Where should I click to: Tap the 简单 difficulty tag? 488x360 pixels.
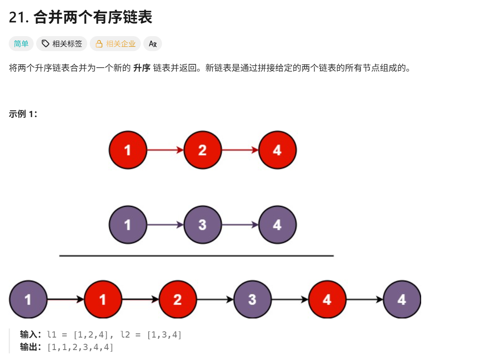tap(21, 44)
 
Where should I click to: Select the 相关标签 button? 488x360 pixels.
tap(61, 44)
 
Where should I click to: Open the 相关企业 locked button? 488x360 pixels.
tap(116, 44)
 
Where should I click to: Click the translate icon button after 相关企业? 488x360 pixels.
tap(152, 44)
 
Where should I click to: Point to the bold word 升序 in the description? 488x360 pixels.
tap(142, 68)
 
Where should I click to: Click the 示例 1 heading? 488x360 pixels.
tap(23, 114)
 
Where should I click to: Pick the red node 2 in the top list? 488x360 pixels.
tap(202, 150)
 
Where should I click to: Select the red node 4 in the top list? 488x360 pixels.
tap(277, 150)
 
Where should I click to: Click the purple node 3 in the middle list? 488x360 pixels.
tap(202, 225)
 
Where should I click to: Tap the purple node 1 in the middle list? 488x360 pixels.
tap(128, 225)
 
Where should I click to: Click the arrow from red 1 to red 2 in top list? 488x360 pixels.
tap(165, 150)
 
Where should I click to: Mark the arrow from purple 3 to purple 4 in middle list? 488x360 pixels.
tap(240, 225)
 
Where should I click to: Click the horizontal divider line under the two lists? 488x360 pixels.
tap(196, 256)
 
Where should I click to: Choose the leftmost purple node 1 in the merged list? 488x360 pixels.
tap(28, 299)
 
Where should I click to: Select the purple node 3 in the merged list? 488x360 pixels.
tap(252, 299)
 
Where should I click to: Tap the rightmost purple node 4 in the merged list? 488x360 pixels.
tap(402, 299)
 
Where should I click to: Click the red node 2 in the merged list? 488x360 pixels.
tap(177, 299)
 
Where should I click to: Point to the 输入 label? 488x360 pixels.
tap(30, 335)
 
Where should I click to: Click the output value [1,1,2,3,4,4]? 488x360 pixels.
tap(80, 347)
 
